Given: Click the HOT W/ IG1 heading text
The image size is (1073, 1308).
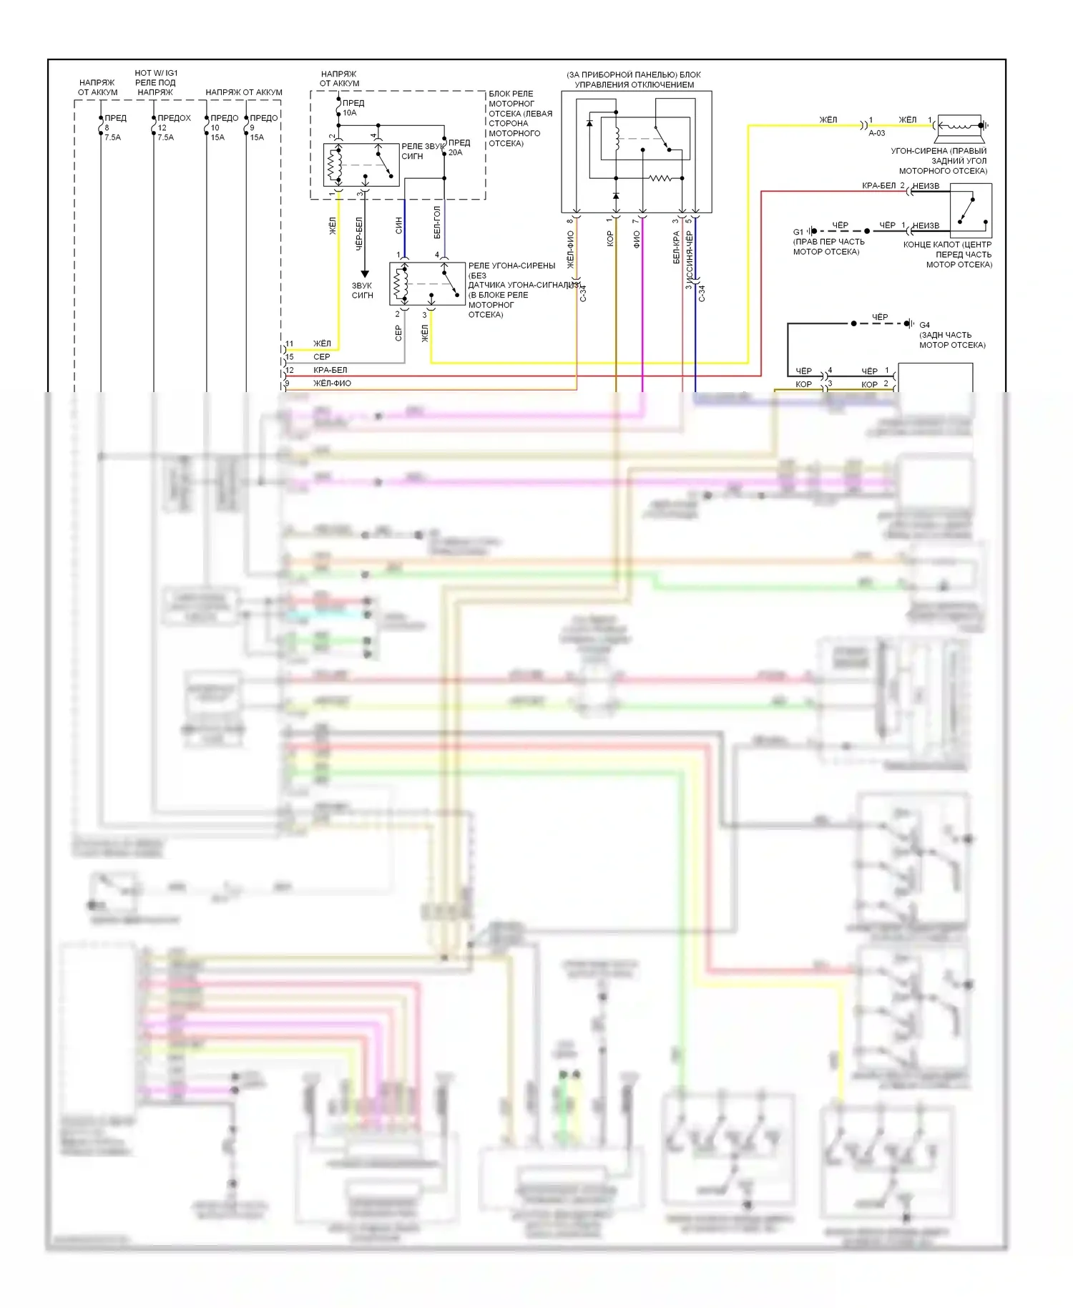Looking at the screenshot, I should [x=156, y=73].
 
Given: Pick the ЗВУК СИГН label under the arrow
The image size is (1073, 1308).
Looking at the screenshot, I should [x=363, y=291].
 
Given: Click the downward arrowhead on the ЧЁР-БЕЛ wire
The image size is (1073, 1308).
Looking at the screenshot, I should [x=364, y=273].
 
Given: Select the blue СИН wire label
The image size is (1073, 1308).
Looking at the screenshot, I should [x=398, y=225].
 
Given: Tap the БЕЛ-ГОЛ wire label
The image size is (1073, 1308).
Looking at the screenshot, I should [x=437, y=223].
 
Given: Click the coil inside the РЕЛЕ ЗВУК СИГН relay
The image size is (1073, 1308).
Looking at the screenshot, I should [x=332, y=166].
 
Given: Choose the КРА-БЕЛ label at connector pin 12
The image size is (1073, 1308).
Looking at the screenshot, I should [x=330, y=370].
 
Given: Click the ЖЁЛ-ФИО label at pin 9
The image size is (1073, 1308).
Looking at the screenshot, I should [x=332, y=384].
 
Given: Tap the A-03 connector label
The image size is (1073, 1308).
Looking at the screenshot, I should [x=877, y=133].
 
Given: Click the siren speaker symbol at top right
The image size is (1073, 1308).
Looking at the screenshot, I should [x=961, y=126].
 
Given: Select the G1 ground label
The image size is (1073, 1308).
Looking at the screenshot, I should [x=798, y=232].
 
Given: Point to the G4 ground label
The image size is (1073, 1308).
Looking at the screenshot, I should [x=924, y=325].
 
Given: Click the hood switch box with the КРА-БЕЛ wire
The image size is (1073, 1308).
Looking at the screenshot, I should [x=971, y=210].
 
